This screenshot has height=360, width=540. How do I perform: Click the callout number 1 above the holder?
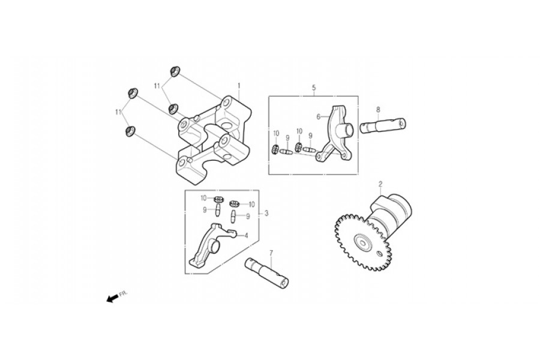pos(239,85)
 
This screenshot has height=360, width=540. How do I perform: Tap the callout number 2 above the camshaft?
pos(380,184)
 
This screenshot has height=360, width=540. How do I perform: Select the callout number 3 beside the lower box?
pos(266,214)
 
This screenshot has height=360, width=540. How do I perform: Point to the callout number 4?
pos(246,236)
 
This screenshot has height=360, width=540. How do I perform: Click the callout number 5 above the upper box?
pos(314,88)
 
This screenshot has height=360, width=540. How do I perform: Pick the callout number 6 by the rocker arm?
pos(319,117)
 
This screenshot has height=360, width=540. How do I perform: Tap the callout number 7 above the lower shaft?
pos(271,253)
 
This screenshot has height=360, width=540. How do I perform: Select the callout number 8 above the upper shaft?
pos(378,110)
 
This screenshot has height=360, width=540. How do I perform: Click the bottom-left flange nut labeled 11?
pos(130,131)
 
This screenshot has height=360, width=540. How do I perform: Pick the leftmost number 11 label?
pos(118,112)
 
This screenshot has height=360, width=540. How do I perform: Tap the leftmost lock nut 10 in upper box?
pos(275,149)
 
